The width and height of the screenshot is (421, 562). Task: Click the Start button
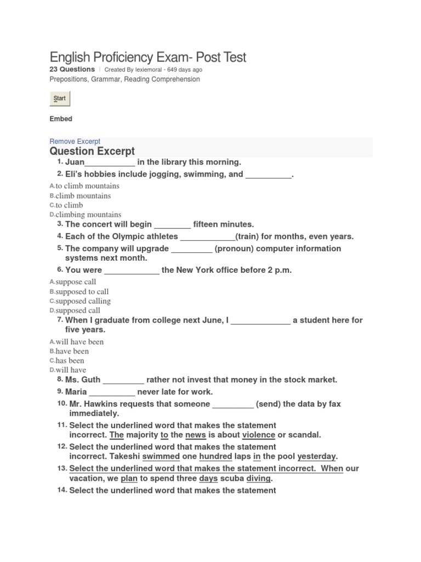60,99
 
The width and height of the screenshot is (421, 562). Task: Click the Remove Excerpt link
75,142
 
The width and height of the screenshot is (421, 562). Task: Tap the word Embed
61,119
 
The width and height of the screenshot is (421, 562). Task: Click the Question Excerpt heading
92,151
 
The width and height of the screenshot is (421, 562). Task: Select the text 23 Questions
72,70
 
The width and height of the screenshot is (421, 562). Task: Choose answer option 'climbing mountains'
88,215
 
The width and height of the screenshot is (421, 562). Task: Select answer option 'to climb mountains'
87,186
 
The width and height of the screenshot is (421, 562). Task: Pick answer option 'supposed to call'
82,292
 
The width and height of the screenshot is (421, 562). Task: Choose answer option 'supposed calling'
83,301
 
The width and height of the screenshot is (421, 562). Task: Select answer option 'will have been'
79,342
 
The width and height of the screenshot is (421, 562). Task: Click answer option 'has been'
70,361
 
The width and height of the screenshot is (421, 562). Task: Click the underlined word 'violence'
259,435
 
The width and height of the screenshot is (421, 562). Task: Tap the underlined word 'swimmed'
161,457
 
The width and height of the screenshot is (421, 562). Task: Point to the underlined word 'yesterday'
317,457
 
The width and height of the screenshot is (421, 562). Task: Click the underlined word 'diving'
258,479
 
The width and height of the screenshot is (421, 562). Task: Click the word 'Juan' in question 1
75,162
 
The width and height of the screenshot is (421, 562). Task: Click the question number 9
60,391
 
